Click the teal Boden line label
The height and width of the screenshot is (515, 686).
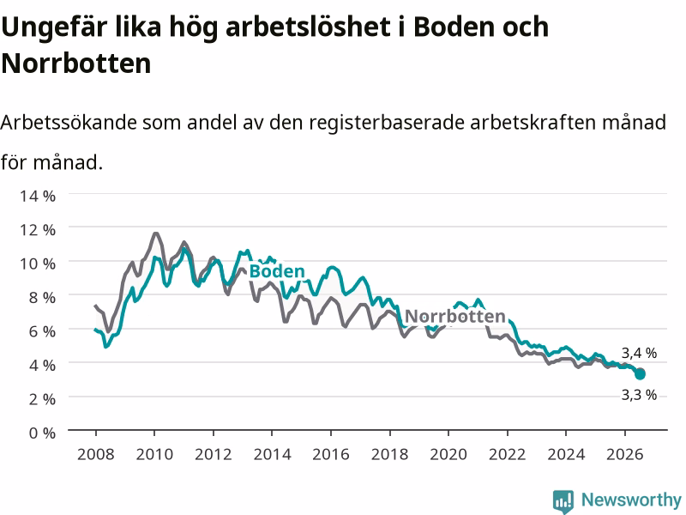tap(277, 271)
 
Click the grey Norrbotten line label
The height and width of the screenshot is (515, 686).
tap(455, 316)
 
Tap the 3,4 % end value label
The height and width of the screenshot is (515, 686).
tap(639, 353)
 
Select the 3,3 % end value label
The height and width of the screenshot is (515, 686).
tap(639, 395)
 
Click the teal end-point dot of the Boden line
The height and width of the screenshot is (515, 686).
tap(640, 374)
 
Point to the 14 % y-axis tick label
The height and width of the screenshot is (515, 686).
tap(38, 196)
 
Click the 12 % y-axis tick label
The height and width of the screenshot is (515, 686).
tap(38, 230)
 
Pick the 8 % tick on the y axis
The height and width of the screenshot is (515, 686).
tap(42, 298)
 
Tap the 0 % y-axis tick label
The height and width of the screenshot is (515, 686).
tap(42, 433)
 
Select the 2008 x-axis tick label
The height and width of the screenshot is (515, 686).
tap(96, 454)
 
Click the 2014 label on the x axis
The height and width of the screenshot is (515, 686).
tap(272, 454)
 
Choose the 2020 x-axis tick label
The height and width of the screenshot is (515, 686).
tap(448, 454)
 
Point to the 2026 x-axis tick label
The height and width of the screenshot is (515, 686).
tap(625, 454)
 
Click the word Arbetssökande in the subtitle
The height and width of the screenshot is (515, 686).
tap(69, 123)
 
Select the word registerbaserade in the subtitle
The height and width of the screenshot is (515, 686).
tap(387, 124)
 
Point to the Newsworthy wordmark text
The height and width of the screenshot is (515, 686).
tap(631, 500)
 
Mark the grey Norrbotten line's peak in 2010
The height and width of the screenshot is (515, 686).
tap(156, 233)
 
